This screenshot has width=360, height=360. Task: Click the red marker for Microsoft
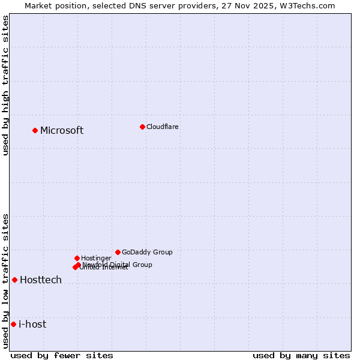pos(35,130)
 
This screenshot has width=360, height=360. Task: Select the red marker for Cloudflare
pos(142,127)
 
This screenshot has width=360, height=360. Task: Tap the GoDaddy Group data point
pos(118,252)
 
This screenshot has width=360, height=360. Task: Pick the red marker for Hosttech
pos(14,280)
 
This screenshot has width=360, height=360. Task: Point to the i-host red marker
pos(13,324)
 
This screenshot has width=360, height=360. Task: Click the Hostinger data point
pos(77,258)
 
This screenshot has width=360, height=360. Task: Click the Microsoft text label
pos(62,131)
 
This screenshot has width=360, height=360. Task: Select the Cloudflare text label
pos(163,127)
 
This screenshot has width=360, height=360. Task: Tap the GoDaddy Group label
pos(147,252)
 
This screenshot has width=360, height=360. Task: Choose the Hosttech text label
pos(41,280)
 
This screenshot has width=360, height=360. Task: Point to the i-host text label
pos(32,325)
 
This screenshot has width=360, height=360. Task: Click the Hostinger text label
pos(97,258)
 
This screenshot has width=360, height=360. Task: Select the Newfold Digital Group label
pos(118,264)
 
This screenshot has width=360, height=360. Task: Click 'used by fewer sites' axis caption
pos(62,355)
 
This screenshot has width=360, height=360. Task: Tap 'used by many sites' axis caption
pos(301,355)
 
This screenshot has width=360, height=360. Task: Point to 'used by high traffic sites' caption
pos(6,85)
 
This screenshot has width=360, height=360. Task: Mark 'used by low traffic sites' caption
pos(6,281)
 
